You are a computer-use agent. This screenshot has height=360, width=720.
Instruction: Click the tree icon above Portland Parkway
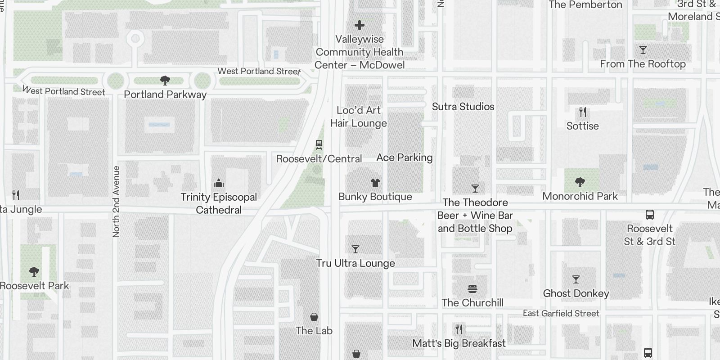tap(165, 81)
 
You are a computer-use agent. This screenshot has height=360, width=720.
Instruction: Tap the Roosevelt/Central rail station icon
tap(319, 145)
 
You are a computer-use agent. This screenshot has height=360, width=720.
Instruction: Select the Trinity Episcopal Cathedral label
tap(219, 203)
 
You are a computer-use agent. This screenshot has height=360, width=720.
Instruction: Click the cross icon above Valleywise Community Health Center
tap(359, 25)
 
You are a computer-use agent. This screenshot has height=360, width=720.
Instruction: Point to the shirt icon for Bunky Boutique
tap(375, 183)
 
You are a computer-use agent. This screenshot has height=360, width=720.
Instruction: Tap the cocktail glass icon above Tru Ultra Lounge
tap(355, 249)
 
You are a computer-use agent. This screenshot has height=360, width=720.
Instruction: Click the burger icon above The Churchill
tap(472, 288)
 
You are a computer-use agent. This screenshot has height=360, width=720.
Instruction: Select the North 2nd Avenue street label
tap(116, 202)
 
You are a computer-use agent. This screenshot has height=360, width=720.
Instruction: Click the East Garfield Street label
tap(561, 314)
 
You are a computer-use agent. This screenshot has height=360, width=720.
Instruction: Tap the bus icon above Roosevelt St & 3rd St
tap(649, 215)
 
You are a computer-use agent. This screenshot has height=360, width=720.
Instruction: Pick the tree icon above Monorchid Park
tap(580, 182)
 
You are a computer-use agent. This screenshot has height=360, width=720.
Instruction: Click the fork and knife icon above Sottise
tap(583, 112)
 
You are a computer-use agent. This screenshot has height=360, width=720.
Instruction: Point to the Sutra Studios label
tap(463, 107)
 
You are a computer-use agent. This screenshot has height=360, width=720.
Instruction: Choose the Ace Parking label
tap(404, 157)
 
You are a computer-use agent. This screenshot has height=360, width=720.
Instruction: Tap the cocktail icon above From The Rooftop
tap(643, 50)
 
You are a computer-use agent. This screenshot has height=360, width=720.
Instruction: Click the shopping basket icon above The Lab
tap(314, 317)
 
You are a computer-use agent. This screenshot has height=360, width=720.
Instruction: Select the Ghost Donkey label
tap(576, 293)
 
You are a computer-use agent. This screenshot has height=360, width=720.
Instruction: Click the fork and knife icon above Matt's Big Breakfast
tap(459, 329)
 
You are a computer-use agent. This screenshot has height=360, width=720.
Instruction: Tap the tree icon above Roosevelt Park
tap(34, 272)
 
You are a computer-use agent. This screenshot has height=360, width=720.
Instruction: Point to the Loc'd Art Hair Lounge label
tap(359, 117)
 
